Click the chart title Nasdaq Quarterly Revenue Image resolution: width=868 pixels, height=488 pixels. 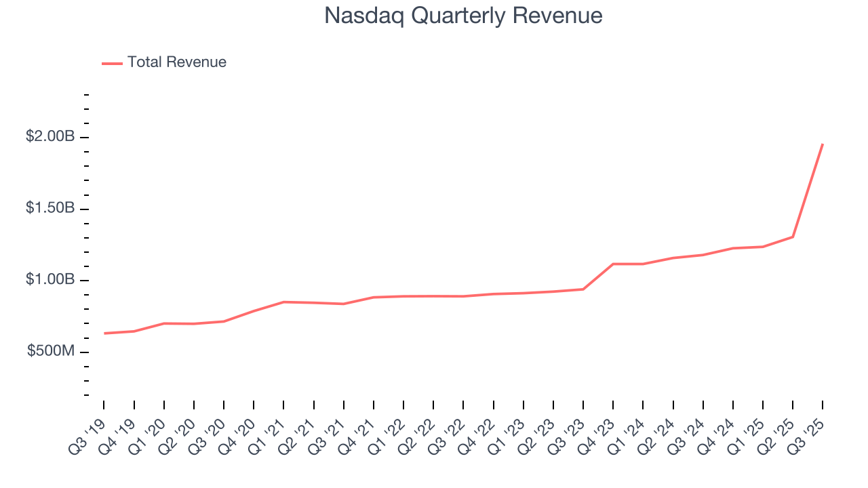463,16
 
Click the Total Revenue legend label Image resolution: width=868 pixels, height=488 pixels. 176,62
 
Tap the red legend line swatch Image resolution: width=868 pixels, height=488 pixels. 112,63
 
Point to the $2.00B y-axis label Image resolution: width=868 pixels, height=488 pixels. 50,137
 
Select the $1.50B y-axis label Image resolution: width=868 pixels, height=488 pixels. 50,208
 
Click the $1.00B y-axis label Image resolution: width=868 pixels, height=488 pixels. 50,280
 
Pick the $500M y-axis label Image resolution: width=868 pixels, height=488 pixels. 51,351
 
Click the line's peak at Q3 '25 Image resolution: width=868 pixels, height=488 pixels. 823,144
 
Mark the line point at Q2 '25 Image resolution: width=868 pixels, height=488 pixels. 793,237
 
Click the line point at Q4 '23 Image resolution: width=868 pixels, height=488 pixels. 613,264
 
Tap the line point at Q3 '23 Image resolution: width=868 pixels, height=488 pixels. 583,289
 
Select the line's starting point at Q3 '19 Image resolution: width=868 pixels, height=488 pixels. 104,333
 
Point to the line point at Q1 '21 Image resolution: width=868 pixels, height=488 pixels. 283,302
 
